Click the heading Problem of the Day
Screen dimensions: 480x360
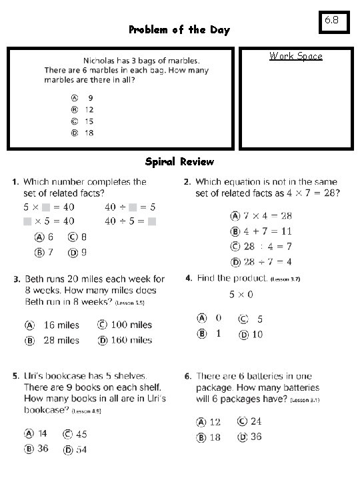179,30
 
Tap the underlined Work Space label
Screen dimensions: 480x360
296,56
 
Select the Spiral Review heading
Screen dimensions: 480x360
179,162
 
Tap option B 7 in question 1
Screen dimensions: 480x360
45,252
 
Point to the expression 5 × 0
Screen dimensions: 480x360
241,295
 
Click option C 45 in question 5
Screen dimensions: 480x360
75,434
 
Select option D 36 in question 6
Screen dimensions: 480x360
249,437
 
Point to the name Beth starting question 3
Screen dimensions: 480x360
36,279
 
